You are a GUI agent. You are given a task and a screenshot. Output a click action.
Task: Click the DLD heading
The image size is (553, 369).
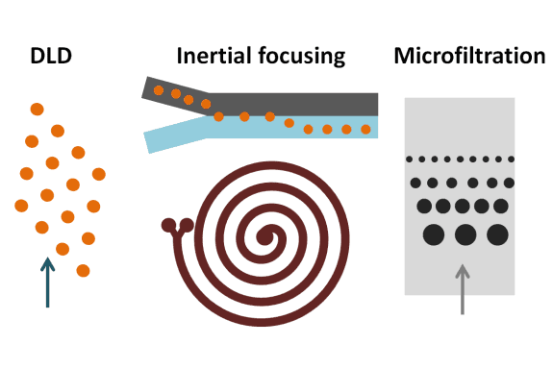coord(52,56)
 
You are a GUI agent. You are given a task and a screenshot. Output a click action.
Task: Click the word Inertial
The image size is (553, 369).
coord(211,56)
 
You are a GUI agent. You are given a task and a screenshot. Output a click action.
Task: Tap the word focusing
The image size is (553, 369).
coord(299,56)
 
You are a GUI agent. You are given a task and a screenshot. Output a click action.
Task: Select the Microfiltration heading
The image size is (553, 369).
coord(469,56)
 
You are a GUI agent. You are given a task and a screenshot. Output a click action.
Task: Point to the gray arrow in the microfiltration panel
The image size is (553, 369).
coord(464,287)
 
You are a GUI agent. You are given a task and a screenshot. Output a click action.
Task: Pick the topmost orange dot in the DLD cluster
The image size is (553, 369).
coord(37,109)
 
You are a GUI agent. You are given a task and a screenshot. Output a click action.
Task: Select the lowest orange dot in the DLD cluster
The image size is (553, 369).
coord(83,270)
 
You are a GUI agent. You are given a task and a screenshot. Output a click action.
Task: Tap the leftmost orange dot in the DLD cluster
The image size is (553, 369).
coord(21,205)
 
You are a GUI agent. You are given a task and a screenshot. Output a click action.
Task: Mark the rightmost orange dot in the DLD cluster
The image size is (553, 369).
coord(98,173)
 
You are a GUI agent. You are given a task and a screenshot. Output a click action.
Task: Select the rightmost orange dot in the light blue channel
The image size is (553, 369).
coord(365,129)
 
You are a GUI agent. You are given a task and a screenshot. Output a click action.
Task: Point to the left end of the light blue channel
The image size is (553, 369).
coord(150,141)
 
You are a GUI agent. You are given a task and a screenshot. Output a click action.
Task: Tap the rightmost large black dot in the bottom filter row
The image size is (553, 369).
coord(497,233)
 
